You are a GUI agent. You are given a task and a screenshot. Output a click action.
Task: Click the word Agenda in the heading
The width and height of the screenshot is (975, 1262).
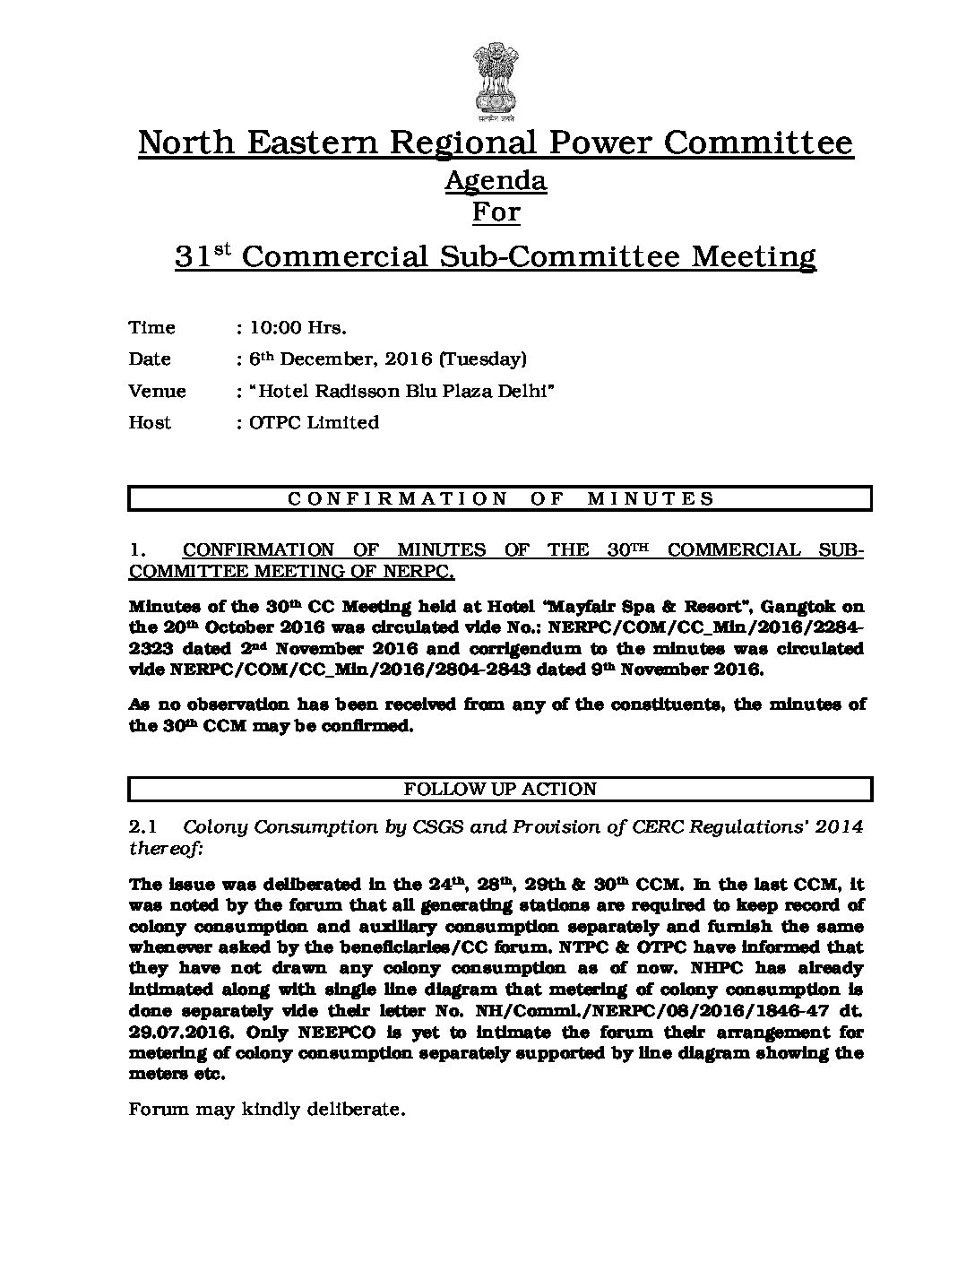[496, 181]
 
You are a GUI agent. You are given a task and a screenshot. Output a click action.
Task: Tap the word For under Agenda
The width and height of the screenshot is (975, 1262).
[496, 212]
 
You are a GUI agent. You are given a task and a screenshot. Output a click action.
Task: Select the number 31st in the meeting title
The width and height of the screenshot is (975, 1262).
[203, 256]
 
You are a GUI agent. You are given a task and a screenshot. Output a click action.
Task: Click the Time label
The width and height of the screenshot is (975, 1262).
[152, 328]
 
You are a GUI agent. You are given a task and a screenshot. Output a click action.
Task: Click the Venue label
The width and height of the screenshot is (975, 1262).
[158, 392]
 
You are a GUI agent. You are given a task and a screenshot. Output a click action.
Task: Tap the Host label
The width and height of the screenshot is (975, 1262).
[150, 423]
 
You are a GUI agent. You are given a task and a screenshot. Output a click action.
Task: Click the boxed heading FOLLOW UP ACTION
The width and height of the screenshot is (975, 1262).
[500, 790]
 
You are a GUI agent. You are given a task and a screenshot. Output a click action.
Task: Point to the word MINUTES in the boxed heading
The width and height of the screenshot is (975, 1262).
[651, 499]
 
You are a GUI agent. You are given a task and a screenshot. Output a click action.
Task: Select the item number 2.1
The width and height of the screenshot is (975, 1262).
[143, 827]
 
